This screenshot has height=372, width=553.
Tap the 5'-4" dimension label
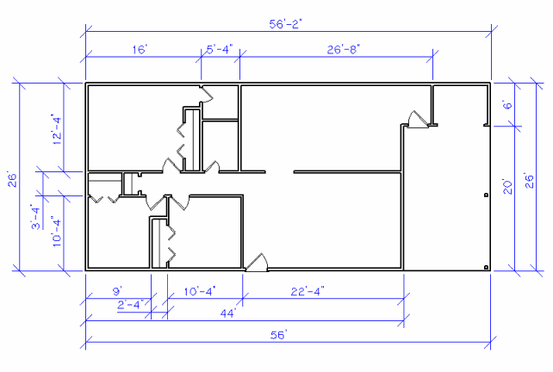pyautogui.click(x=220, y=50)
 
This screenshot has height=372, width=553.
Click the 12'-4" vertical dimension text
pyautogui.click(x=55, y=129)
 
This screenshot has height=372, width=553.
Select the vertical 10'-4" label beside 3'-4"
pyautogui.click(x=55, y=232)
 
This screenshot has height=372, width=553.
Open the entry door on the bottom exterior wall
pyautogui.click(x=257, y=264)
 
